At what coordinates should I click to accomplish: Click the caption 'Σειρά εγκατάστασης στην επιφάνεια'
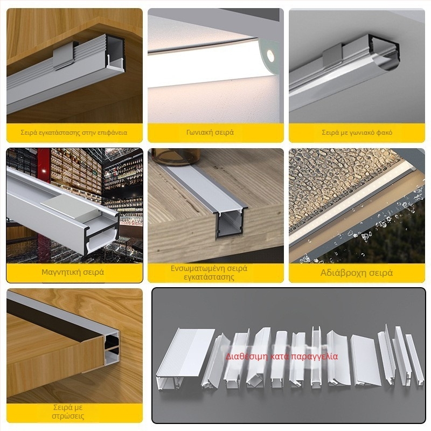point(74,132)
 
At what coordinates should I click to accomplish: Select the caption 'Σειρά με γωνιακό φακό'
point(357,132)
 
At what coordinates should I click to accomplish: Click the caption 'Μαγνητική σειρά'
point(73,272)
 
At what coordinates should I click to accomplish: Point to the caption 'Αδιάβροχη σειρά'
point(357,273)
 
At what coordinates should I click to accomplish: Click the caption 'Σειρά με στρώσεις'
point(68,412)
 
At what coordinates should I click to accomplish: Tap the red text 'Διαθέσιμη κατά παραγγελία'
point(282,356)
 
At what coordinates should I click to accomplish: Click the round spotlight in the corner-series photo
point(269,53)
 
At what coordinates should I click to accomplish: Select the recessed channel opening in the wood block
point(227,225)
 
